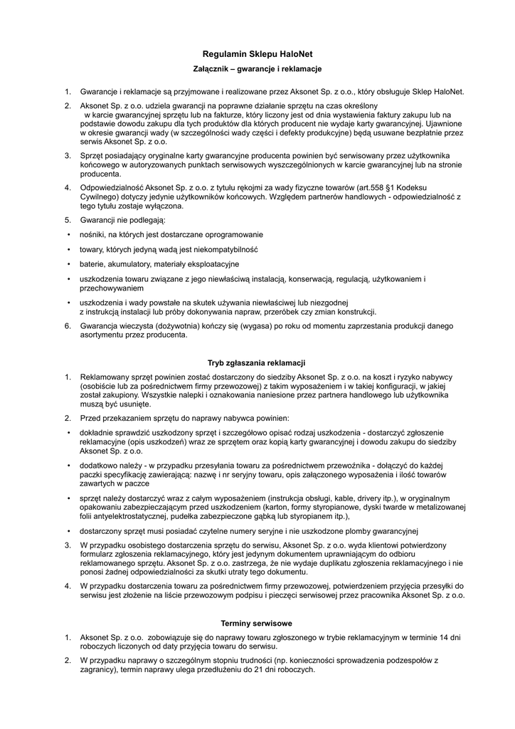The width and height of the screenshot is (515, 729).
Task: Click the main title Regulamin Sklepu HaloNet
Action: coord(257,53)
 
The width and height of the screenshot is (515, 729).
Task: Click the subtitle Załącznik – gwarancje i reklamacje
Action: coord(257,69)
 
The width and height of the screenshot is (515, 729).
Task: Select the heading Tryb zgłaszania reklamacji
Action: coord(256,363)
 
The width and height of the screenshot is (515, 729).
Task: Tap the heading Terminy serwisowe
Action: coord(257,622)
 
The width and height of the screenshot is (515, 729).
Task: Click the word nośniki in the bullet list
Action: coord(92,234)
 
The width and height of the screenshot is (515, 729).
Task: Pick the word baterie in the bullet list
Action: coord(92,265)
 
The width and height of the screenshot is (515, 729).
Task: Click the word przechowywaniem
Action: coord(111,288)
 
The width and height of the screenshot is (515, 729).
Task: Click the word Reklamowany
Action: coord(106,377)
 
